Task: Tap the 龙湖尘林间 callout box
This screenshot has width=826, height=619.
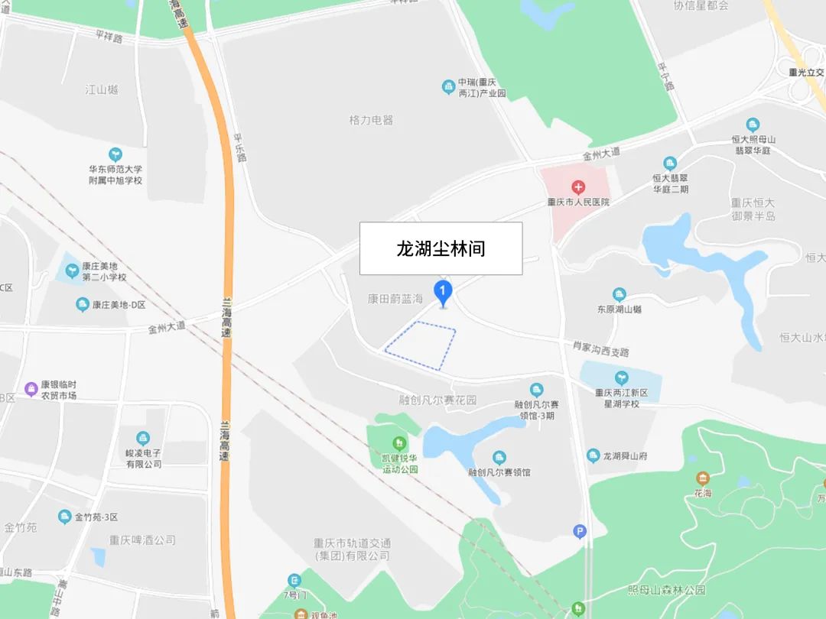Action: (441, 248)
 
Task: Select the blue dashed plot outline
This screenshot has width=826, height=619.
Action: (420, 346)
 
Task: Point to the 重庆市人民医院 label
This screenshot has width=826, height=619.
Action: (578, 203)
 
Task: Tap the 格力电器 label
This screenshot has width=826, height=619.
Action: (371, 120)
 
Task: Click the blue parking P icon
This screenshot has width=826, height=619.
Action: (580, 531)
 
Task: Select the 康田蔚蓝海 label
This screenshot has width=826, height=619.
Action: (395, 299)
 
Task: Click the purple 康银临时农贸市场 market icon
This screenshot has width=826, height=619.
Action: (31, 389)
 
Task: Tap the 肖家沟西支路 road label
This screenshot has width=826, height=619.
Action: (601, 349)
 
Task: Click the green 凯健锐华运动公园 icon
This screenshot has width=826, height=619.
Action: (398, 443)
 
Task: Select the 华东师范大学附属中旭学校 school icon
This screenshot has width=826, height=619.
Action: (115, 154)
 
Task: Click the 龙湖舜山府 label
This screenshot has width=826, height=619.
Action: (625, 456)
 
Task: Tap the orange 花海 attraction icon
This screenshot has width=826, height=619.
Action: (702, 478)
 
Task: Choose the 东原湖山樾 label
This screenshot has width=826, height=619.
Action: (619, 309)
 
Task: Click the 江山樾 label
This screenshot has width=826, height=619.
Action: (102, 89)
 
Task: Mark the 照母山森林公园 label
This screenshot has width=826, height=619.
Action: (666, 590)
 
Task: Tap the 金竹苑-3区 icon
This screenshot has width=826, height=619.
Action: (65, 517)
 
